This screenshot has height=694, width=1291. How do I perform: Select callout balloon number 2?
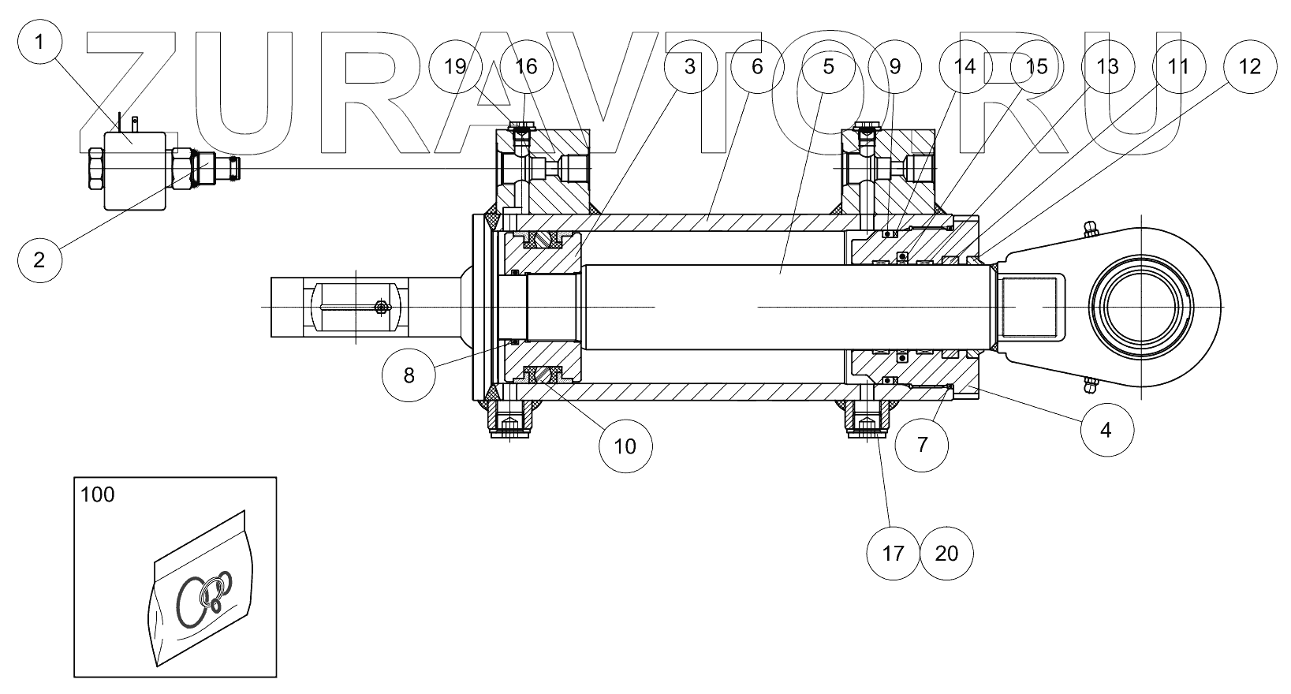[40, 259]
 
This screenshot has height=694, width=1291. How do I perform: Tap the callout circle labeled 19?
[456, 66]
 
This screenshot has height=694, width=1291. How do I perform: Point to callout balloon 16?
[526, 66]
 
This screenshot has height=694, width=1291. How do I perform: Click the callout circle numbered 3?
[690, 66]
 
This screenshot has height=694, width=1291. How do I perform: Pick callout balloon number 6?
[757, 66]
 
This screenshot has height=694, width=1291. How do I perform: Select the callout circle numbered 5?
[827, 66]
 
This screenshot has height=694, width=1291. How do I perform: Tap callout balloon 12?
[1250, 66]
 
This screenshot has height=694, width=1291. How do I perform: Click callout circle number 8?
[409, 375]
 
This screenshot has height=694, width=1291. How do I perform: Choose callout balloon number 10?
[625, 446]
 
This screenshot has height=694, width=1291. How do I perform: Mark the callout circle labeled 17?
[894, 553]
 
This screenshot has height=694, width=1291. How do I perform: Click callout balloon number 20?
[946, 553]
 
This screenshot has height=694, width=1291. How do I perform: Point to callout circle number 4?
[1106, 430]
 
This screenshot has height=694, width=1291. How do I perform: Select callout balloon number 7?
[922, 443]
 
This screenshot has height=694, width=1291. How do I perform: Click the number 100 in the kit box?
[98, 495]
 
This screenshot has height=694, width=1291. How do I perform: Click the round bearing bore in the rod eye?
[1144, 306]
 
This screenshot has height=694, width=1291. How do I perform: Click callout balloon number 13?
[1107, 66]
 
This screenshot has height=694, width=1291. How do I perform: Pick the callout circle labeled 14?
[965, 66]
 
